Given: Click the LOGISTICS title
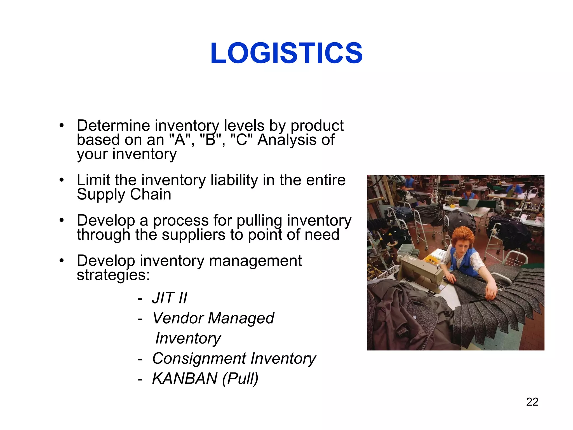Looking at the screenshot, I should [286, 53].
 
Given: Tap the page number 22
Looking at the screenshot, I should [532, 402].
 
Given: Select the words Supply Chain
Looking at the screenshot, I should [124, 195].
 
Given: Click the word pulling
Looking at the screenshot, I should [259, 221].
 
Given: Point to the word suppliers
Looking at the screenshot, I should [193, 235].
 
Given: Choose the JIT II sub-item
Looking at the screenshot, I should [169, 298].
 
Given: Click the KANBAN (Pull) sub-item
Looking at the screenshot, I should [205, 379].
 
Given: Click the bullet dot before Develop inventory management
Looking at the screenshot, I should [62, 261].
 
